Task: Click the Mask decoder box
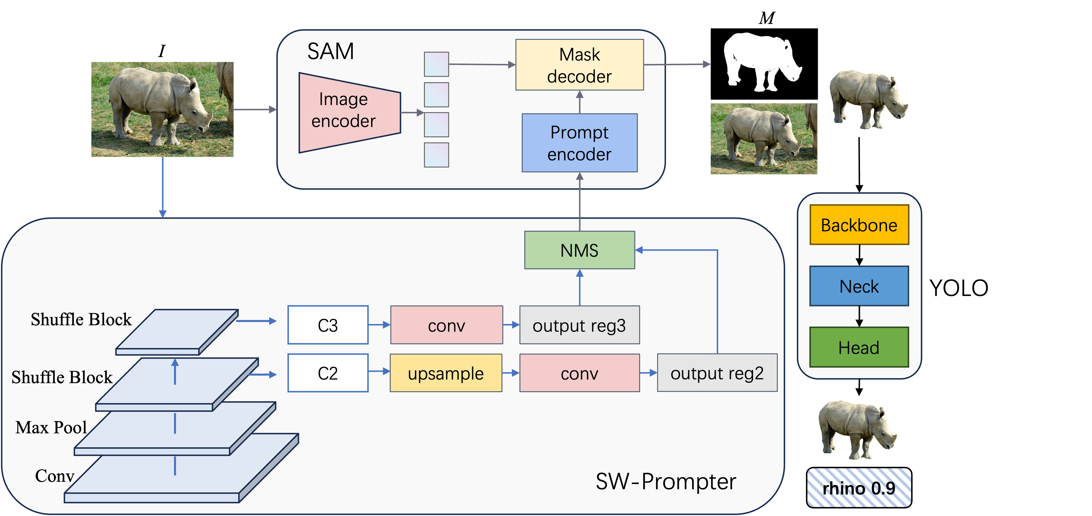click(x=579, y=65)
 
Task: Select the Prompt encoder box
click(x=579, y=143)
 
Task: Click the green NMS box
click(x=579, y=250)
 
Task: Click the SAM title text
click(x=330, y=51)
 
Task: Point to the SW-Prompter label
click(x=666, y=481)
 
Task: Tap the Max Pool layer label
click(x=51, y=427)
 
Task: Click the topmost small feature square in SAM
click(x=436, y=64)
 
